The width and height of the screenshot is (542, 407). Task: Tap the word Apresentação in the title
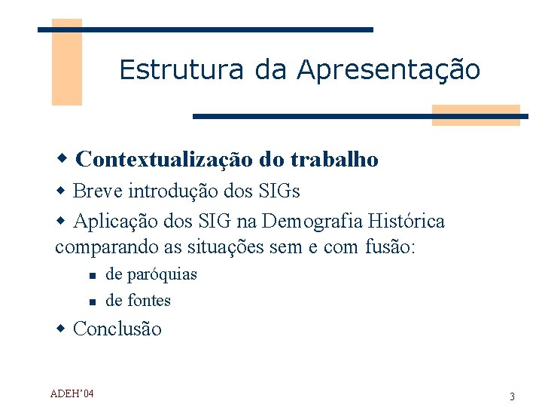388,70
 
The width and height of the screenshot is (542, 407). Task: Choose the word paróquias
162,274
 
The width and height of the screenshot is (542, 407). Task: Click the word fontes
149,301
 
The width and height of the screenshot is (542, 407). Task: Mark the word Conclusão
117,329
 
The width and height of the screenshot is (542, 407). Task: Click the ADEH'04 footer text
72,393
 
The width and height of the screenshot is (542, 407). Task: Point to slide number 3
512,396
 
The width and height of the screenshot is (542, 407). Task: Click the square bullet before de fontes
90,302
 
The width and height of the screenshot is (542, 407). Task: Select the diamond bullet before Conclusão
62,329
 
